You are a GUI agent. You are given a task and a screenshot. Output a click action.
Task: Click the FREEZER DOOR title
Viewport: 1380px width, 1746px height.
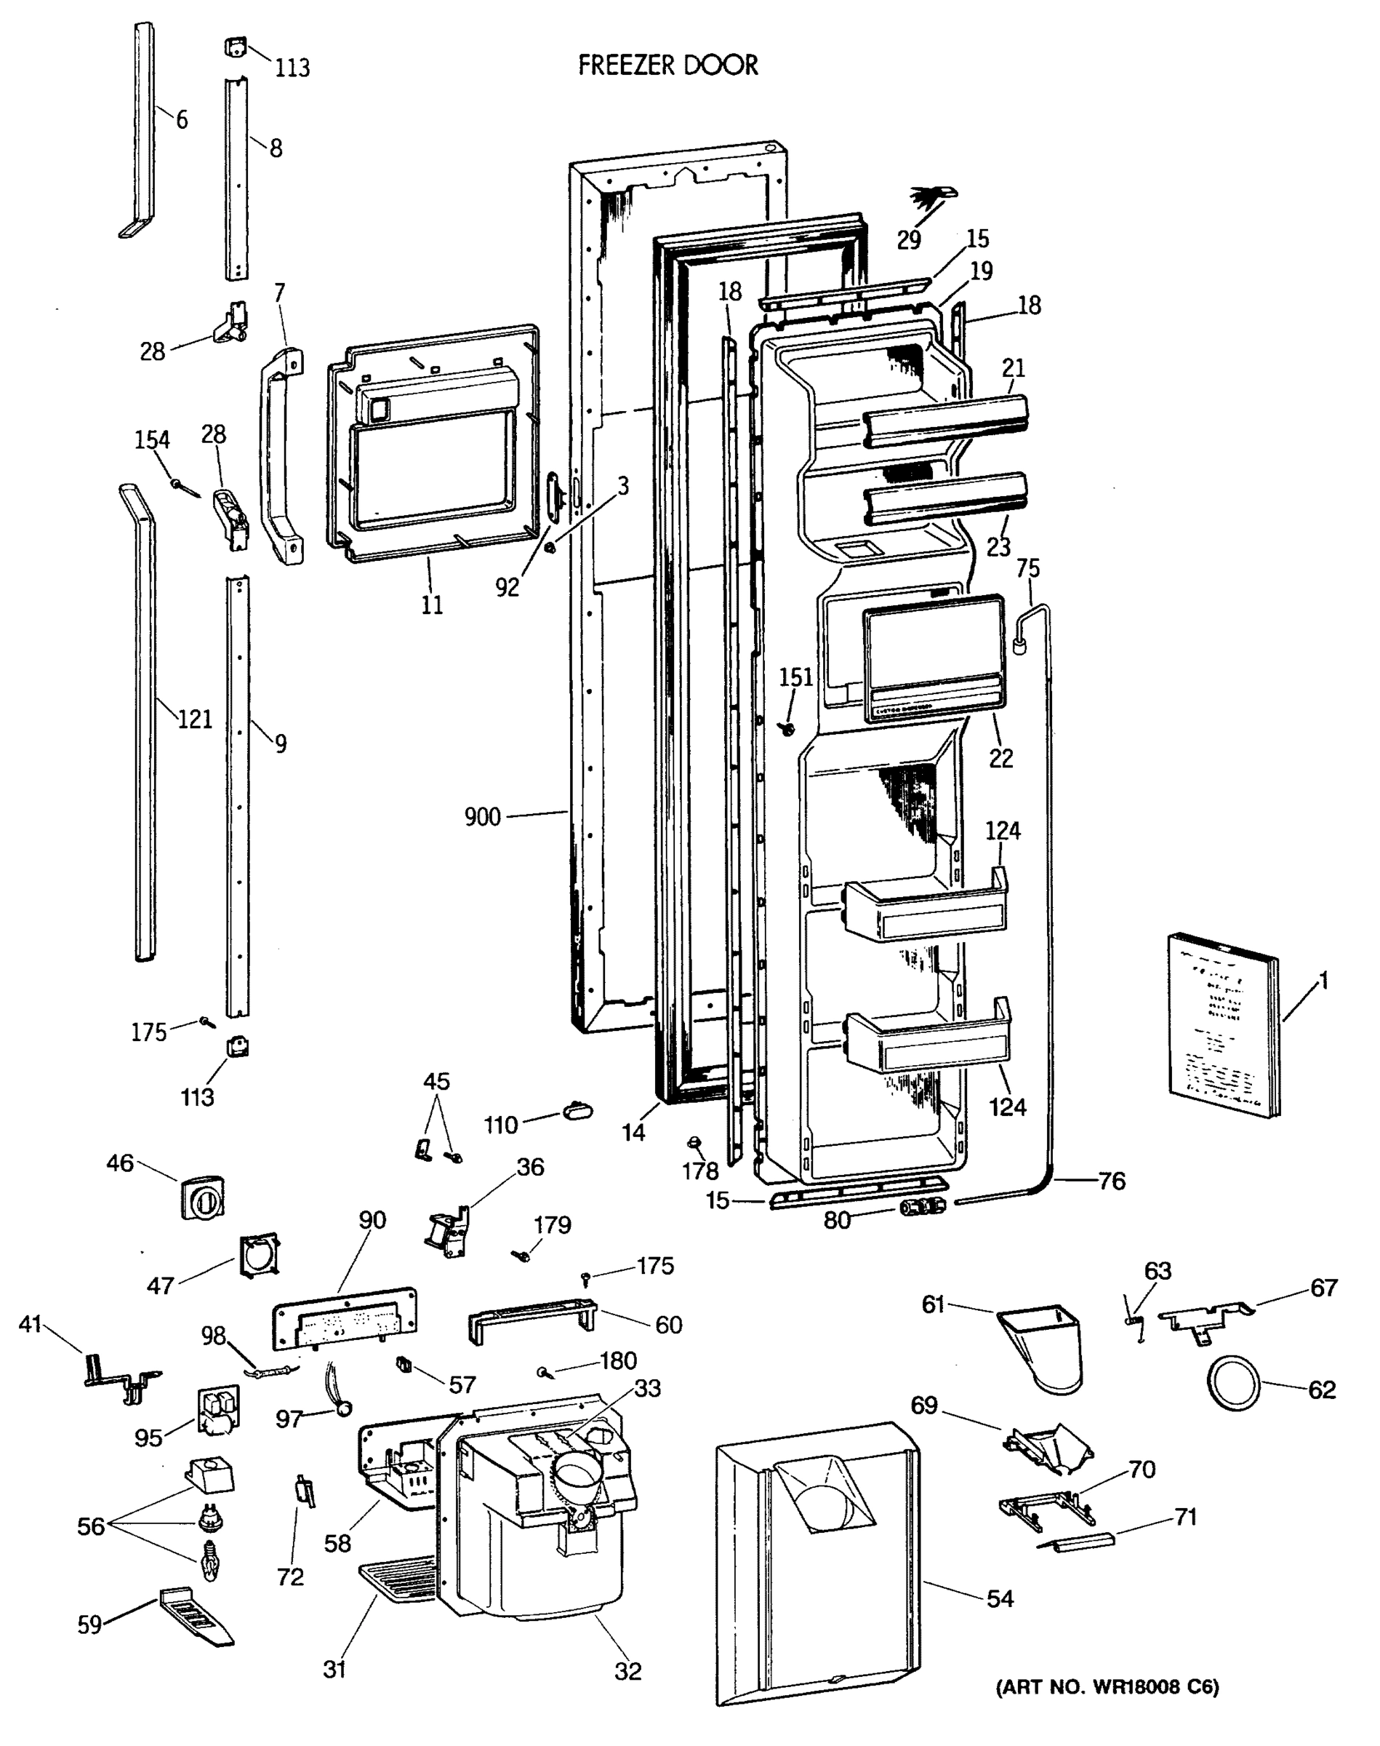(668, 65)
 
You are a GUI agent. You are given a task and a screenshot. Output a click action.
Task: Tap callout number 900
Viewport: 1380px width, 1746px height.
(482, 817)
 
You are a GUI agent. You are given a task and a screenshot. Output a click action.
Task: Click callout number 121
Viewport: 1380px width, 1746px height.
(195, 719)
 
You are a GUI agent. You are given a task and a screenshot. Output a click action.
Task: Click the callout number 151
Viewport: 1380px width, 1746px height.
(796, 677)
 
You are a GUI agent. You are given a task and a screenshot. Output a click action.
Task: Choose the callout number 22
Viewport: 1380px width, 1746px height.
(1000, 757)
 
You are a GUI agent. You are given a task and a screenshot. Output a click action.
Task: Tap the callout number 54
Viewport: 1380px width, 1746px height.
(1000, 1598)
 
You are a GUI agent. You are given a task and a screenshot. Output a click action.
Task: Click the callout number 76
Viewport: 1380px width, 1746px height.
(1112, 1181)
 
